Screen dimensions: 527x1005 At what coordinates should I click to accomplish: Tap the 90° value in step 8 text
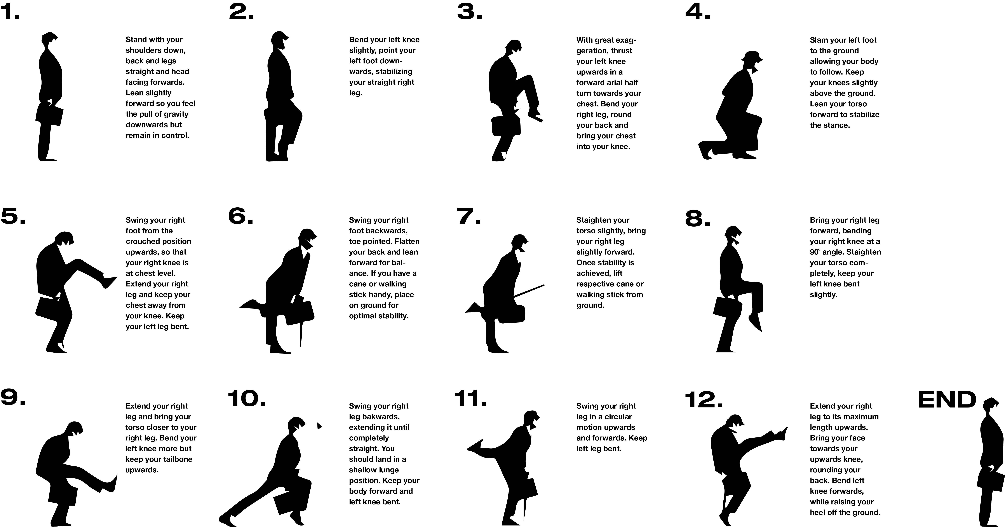(815, 252)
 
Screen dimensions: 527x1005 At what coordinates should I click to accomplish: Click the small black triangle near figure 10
(320, 426)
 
